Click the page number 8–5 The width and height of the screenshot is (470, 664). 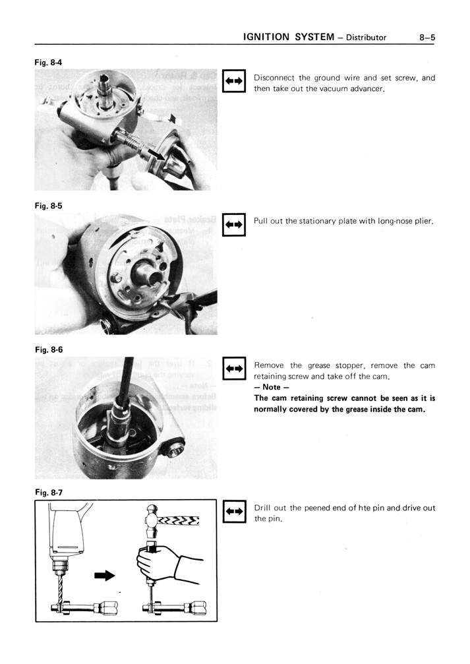click(426, 38)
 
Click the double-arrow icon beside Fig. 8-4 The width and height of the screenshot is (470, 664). click(234, 81)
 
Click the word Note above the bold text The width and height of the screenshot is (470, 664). click(267, 387)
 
